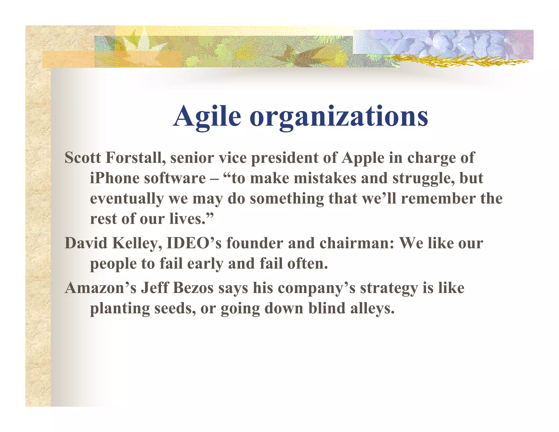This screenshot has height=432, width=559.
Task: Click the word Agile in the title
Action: [x=207, y=117]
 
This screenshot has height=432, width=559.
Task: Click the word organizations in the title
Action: [x=339, y=117]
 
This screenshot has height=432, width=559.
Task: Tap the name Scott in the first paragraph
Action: [x=82, y=158]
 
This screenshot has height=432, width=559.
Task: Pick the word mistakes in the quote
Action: [x=325, y=178]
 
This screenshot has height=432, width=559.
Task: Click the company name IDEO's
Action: [x=194, y=243]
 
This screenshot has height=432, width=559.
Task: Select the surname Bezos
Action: [x=193, y=288]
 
